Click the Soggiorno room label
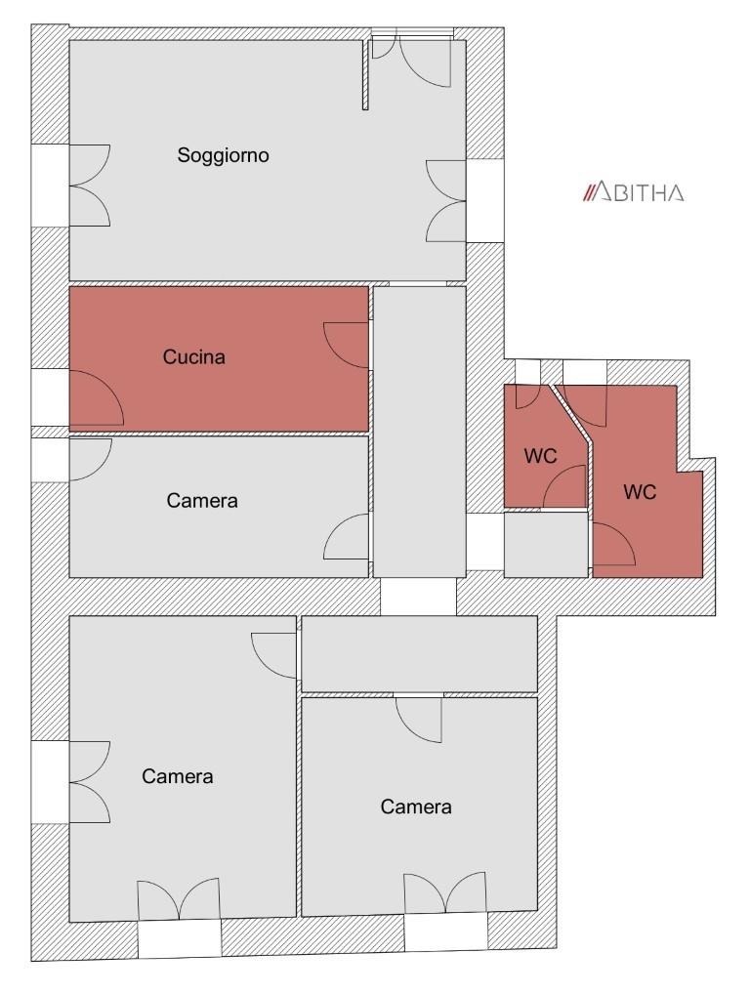[x=224, y=155]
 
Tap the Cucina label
[x=194, y=357]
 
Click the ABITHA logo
[x=634, y=192]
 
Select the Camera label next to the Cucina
[x=202, y=501]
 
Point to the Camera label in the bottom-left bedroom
[x=178, y=776]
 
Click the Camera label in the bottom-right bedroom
[x=416, y=807]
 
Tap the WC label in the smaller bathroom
[x=540, y=456]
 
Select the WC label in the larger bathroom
[x=640, y=492]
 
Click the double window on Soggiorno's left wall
[x=90, y=186]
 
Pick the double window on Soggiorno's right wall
[x=446, y=200]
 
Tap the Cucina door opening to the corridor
[x=346, y=345]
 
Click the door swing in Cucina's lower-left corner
[x=97, y=397]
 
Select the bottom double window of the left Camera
[x=180, y=899]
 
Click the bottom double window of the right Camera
[x=445, y=893]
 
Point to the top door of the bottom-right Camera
[x=419, y=720]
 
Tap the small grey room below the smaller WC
[x=546, y=545]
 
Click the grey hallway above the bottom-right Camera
[x=419, y=653]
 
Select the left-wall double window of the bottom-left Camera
[x=90, y=782]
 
